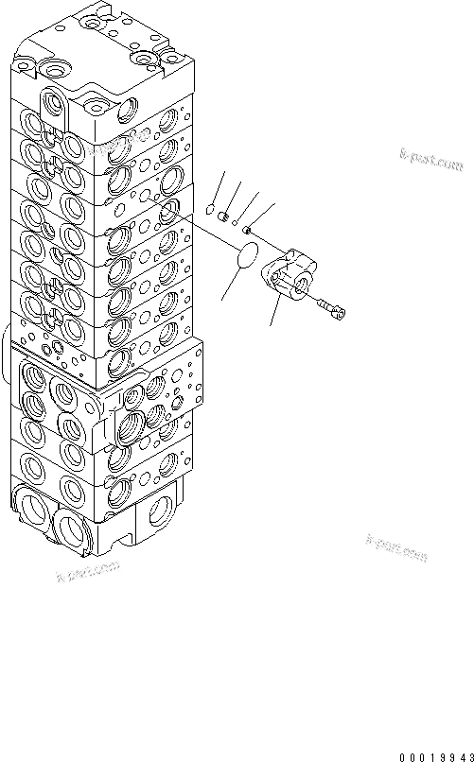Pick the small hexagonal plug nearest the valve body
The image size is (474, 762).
point(210,210)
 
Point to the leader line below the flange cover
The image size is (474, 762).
point(274,312)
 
